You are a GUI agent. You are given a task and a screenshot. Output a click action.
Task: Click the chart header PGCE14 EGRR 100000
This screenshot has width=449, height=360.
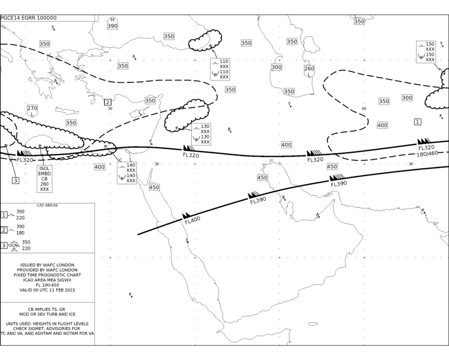(x=29, y=18)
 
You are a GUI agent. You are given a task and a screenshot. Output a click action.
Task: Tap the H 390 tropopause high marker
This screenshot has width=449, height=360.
(x=112, y=23)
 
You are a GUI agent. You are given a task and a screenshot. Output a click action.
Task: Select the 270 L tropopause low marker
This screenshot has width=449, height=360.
(x=33, y=111)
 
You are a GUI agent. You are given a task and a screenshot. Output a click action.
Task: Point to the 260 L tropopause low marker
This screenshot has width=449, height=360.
(x=309, y=72)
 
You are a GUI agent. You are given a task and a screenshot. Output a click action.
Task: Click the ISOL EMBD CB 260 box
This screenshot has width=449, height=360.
(x=45, y=179)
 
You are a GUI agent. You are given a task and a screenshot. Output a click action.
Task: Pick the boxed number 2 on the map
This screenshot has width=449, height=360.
(x=107, y=103)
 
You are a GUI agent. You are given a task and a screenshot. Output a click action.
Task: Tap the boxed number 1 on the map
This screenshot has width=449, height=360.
(x=418, y=122)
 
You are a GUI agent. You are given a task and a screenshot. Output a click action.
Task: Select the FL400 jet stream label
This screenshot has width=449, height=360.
(x=192, y=221)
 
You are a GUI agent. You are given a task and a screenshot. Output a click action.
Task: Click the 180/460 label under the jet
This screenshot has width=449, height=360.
(x=427, y=154)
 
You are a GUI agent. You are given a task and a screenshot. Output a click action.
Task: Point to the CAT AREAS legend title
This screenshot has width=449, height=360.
(x=47, y=205)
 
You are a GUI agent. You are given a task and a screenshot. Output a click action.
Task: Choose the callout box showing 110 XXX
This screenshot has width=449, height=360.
(x=220, y=69)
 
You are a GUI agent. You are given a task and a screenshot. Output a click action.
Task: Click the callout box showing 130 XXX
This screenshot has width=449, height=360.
(x=201, y=134)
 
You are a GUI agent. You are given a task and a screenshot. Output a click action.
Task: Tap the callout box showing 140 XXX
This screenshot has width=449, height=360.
(x=127, y=173)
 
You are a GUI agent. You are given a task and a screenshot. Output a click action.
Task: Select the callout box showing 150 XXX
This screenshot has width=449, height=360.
(x=426, y=52)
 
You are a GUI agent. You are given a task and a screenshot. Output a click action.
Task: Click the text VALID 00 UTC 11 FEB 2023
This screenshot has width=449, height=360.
(x=47, y=290)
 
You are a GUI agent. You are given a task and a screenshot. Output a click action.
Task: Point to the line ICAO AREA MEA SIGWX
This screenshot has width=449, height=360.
(x=47, y=280)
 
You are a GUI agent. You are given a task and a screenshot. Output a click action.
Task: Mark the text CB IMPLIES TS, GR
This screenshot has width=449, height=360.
(x=46, y=309)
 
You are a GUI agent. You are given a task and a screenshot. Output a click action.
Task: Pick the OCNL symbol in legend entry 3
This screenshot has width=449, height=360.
(x=14, y=246)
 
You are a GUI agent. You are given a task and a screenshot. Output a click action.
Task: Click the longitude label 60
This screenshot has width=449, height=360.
(x=364, y=109)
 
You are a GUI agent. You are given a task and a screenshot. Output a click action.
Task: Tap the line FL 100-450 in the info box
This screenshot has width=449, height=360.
(x=47, y=285)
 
